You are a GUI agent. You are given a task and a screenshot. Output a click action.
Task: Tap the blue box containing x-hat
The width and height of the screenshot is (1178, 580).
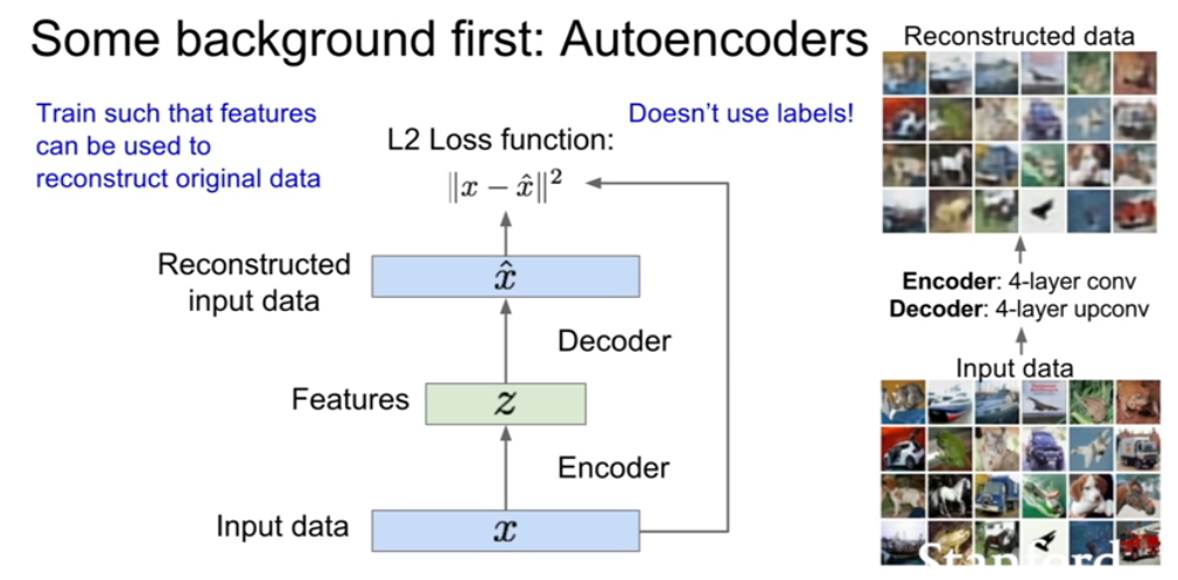click(506, 276)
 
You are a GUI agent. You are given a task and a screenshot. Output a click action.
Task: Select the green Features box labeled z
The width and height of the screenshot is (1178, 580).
click(506, 403)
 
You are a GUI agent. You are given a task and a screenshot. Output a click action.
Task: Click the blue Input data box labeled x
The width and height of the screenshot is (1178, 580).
click(506, 531)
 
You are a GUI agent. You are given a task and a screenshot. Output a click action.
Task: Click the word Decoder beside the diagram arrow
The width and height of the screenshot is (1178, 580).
click(614, 341)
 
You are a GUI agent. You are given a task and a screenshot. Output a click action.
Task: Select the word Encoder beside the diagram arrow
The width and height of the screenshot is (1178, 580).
click(614, 469)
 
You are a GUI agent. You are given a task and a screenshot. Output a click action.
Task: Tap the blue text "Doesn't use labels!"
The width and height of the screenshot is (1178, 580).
click(741, 114)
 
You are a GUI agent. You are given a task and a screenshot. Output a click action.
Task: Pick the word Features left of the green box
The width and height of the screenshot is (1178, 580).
click(351, 399)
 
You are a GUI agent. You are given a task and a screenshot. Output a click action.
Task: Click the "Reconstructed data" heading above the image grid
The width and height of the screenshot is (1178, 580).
click(1019, 35)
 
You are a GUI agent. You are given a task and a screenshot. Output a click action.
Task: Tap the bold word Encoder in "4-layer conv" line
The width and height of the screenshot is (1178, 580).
click(942, 282)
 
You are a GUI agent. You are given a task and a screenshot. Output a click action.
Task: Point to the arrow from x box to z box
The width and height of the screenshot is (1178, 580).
click(506, 467)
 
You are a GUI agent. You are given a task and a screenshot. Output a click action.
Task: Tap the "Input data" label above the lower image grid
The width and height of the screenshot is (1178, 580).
click(1014, 368)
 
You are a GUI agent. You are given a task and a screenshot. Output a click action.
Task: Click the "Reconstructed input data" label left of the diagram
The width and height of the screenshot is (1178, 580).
click(254, 282)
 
